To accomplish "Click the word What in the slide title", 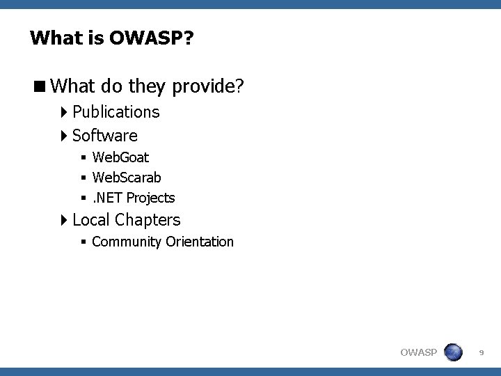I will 54,38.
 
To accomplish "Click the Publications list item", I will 116,111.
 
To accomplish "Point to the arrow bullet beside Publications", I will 64,111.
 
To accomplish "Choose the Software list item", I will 104,135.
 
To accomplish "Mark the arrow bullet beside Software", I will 64,135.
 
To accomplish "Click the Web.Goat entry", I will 120,158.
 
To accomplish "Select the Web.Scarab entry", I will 126,178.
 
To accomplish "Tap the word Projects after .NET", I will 150,198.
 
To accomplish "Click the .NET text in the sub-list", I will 107,198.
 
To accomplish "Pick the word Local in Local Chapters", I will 91,220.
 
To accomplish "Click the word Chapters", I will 148,220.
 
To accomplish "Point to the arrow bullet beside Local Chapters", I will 64,220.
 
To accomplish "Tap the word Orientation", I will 200,242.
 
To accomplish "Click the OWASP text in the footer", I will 418,352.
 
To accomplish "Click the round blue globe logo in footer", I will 453,352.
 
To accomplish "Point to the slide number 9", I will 482,354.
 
